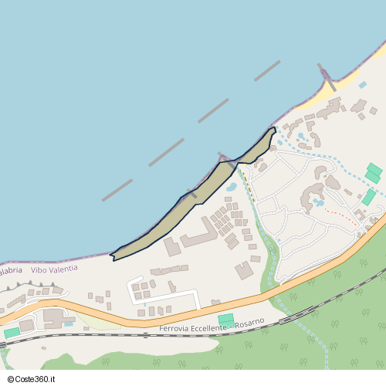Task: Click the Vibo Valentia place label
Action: coord(54,269)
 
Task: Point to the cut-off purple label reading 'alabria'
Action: coord(11,269)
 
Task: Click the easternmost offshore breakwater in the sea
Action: coord(267,71)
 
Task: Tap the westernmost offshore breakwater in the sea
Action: coord(117,191)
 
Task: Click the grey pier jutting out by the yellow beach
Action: coord(327,78)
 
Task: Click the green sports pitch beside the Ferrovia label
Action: coord(226,320)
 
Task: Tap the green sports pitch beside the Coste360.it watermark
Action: coord(12,333)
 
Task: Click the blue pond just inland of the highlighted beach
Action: coord(231,187)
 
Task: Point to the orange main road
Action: coord(232,307)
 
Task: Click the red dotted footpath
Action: coord(340,215)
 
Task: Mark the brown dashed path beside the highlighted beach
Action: coord(248,185)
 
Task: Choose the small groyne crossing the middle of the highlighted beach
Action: coord(190,194)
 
